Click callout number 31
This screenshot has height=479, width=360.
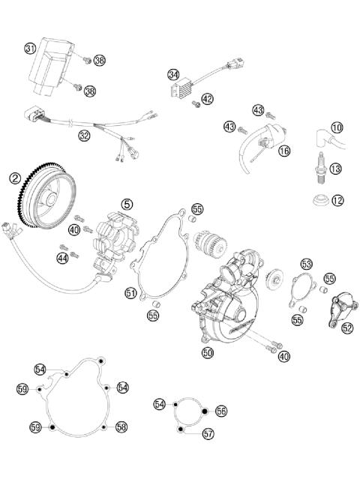point(31,49)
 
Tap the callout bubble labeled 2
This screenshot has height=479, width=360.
point(15,178)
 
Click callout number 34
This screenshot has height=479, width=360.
point(174,75)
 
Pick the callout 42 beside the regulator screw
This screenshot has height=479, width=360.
point(208,98)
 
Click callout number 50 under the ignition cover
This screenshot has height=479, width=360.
point(208,351)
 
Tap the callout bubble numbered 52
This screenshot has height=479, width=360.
point(346,327)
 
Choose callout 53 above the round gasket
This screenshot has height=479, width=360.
point(306,264)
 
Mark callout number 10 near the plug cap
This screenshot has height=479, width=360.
point(337,127)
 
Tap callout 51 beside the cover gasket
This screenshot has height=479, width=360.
point(130,293)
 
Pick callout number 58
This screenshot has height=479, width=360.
point(122,426)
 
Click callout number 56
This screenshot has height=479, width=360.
point(220,411)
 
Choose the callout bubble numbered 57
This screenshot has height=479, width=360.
point(208,433)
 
